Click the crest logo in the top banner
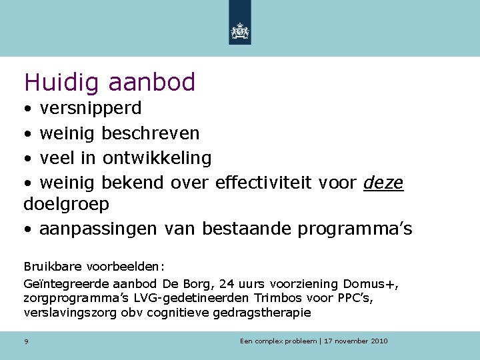(x=239, y=31)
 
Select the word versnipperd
(x=91, y=109)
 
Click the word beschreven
(x=150, y=133)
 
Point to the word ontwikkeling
(x=157, y=158)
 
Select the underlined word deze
(x=383, y=183)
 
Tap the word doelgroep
(x=67, y=203)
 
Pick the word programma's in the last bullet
(x=355, y=229)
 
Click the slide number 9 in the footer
(x=26, y=341)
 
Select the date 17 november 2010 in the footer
(x=356, y=341)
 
